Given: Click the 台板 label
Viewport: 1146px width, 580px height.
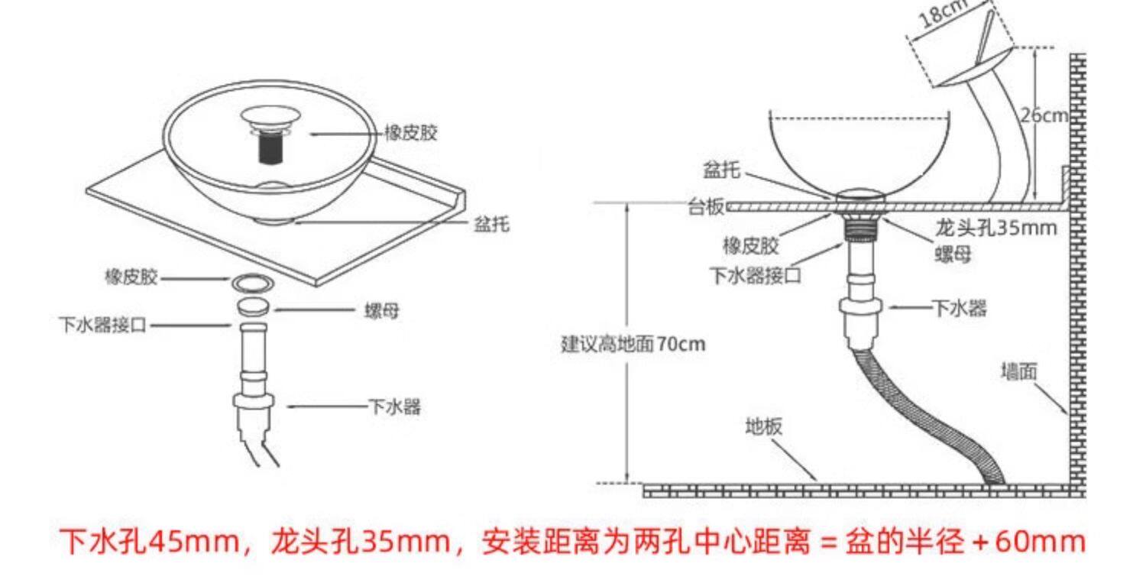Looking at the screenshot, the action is click(x=705, y=206).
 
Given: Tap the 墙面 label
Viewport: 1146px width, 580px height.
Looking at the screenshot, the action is click(x=1019, y=372).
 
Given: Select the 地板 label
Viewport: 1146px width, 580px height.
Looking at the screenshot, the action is click(x=764, y=426).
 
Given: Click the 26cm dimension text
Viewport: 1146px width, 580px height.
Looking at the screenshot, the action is click(x=1044, y=115).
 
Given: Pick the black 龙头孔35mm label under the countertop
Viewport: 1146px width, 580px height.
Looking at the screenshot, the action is click(x=996, y=228).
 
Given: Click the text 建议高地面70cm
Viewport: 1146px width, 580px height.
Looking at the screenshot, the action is click(x=633, y=345).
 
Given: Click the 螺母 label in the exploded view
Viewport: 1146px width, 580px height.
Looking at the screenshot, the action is click(x=380, y=312).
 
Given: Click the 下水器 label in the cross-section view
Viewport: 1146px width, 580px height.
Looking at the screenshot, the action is click(x=959, y=309).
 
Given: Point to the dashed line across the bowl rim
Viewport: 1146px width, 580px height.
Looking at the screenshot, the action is click(x=859, y=118).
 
